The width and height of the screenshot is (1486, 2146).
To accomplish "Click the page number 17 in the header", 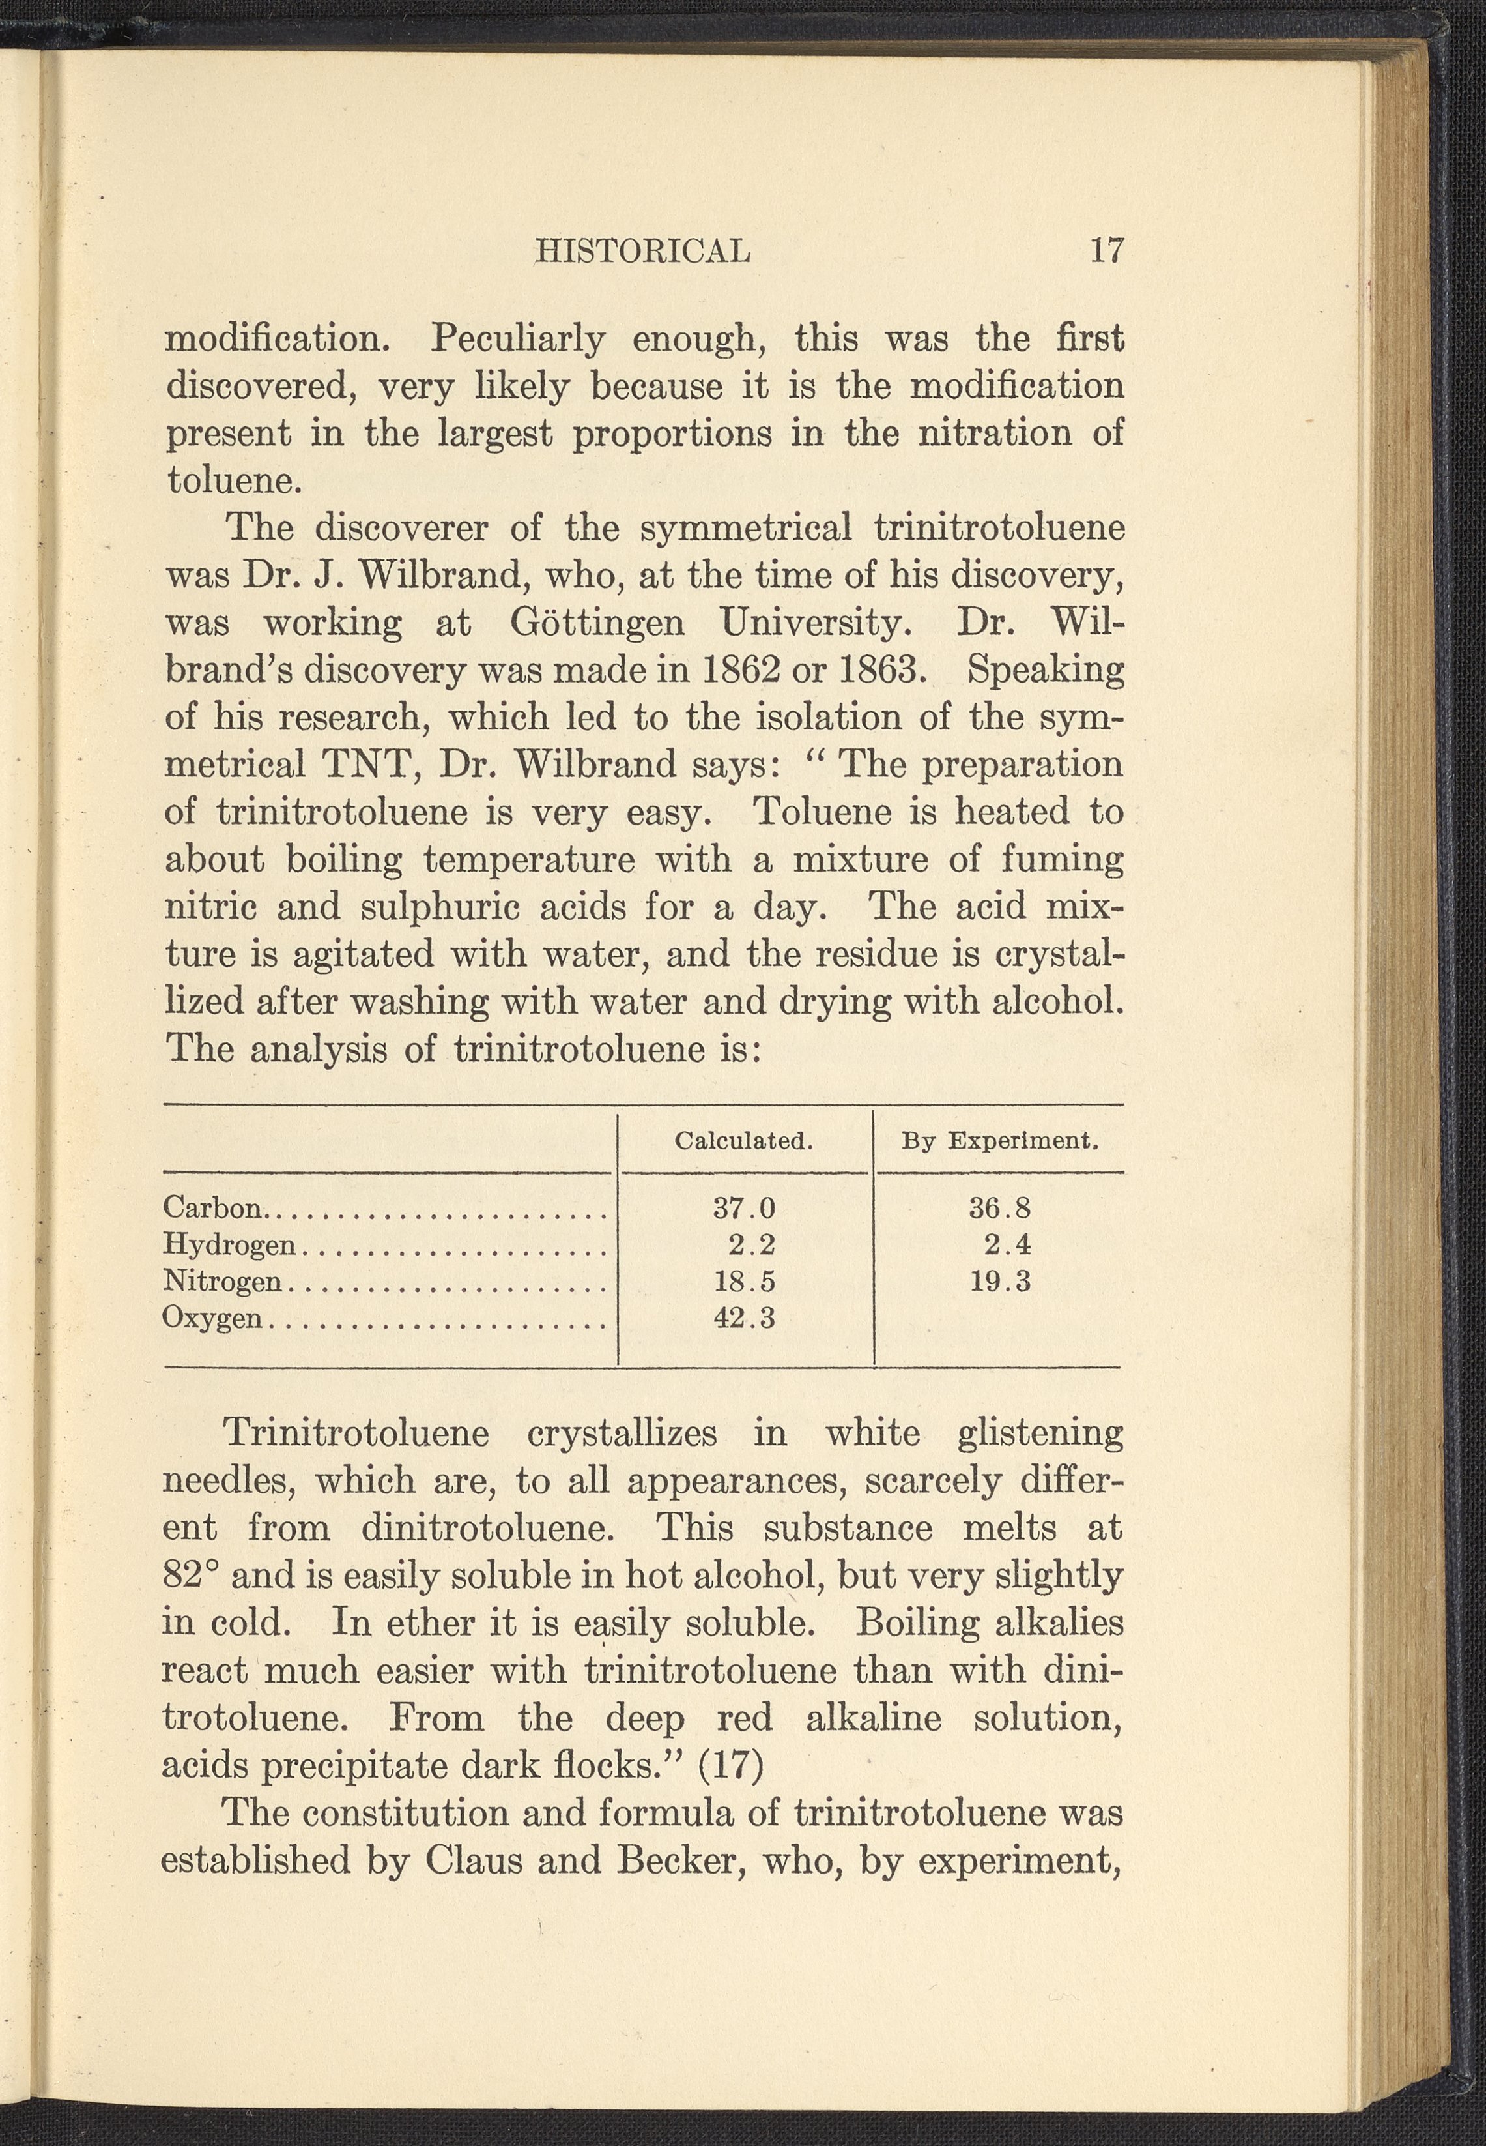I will click(x=1106, y=250).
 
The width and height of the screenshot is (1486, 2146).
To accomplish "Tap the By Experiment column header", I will click(x=1000, y=1141).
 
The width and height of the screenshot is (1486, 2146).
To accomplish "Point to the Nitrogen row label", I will click(x=221, y=1282).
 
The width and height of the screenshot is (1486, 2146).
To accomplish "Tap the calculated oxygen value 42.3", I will click(x=744, y=1319).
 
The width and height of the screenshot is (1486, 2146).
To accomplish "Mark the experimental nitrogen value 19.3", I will click(x=1000, y=1282).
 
